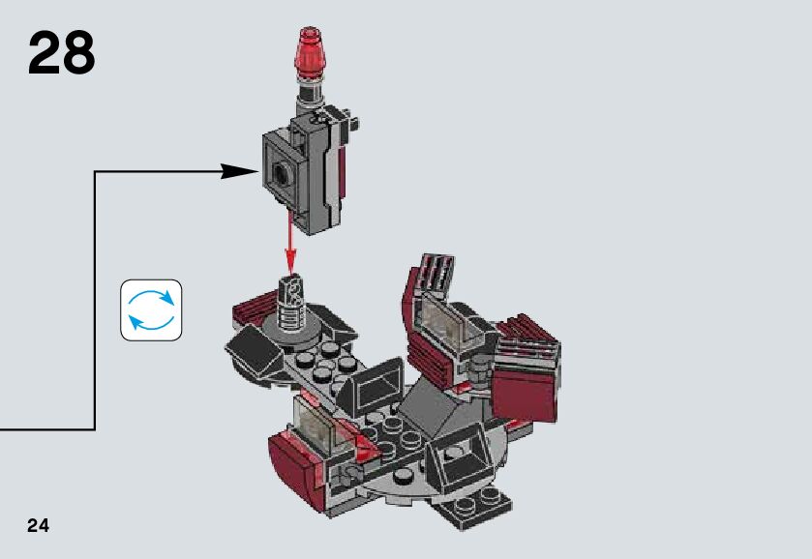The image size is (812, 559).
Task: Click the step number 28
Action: pyautogui.click(x=62, y=53)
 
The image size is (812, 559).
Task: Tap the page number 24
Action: pyautogui.click(x=38, y=525)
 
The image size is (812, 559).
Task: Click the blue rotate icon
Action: pyautogui.click(x=151, y=309)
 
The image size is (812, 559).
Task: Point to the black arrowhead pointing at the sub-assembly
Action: pyautogui.click(x=240, y=172)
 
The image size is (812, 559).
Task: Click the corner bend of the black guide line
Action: pyautogui.click(x=95, y=172)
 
